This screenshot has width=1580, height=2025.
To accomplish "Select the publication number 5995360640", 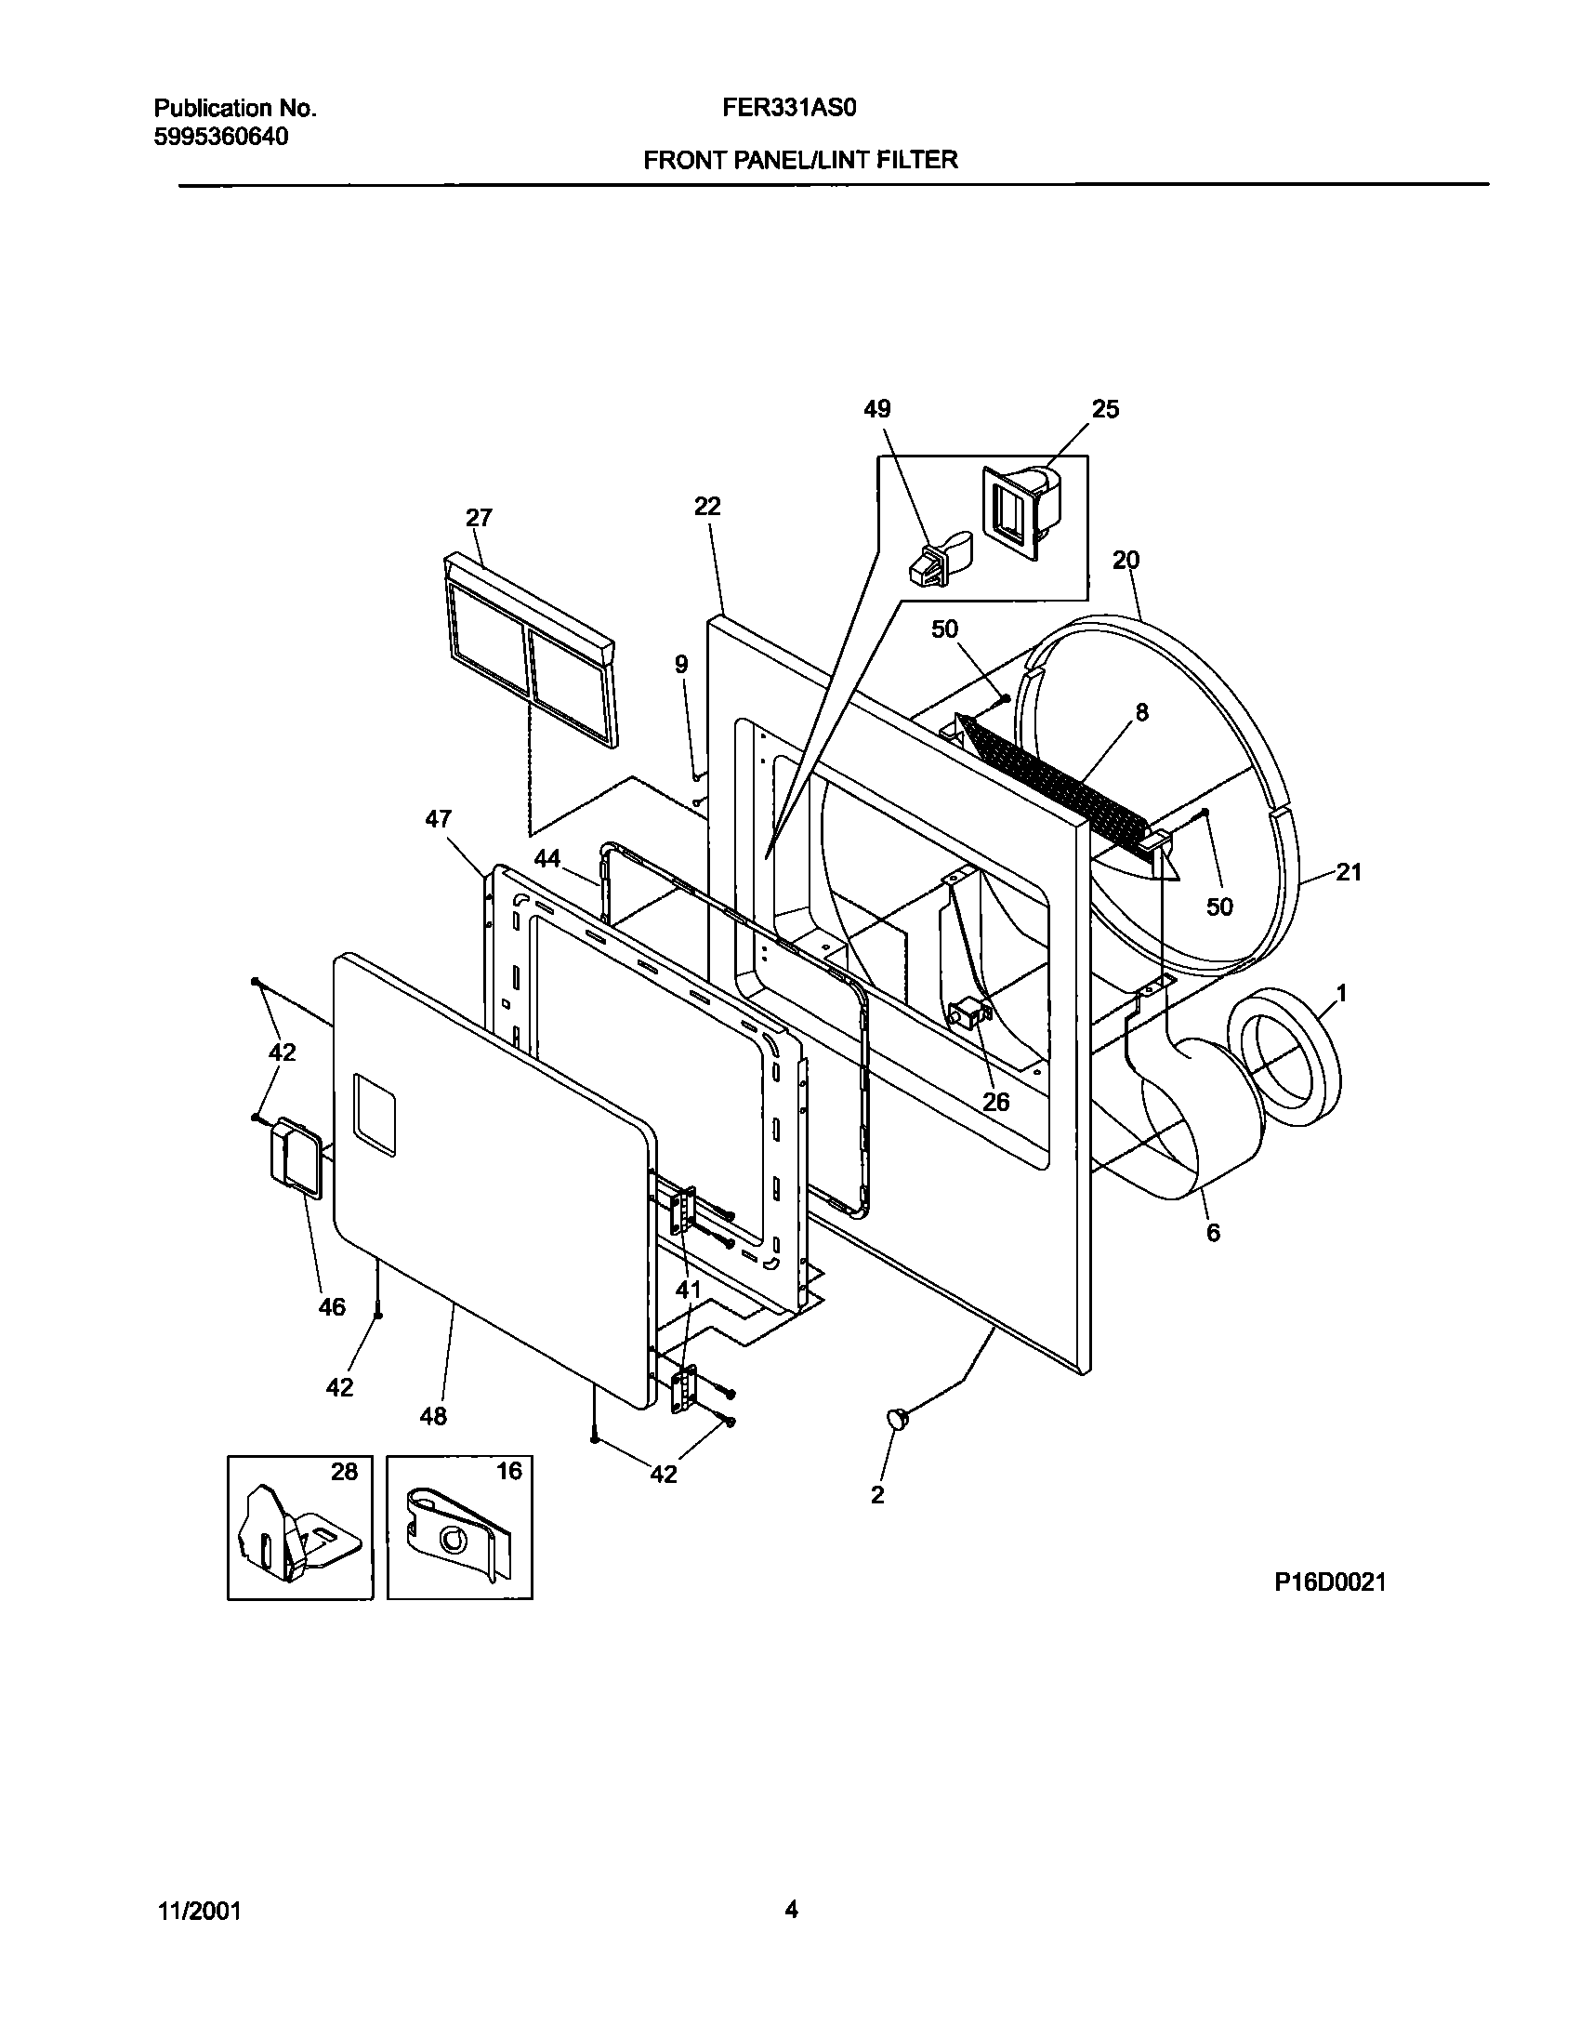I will pyautogui.click(x=220, y=137).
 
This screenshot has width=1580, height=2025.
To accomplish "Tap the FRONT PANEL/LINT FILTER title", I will pyautogui.click(x=800, y=160).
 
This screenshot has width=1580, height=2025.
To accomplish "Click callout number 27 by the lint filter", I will pyautogui.click(x=479, y=518).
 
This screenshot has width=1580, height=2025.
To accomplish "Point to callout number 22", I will pyautogui.click(x=707, y=506).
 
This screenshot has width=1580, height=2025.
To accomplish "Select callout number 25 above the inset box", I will pyautogui.click(x=1105, y=409).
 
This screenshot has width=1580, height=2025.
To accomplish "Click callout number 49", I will pyautogui.click(x=876, y=409).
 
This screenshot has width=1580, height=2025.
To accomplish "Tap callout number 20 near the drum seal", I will pyautogui.click(x=1126, y=560).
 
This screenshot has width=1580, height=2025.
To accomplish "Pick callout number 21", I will pyautogui.click(x=1349, y=871).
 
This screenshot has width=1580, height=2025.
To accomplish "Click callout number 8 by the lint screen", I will pyautogui.click(x=1141, y=712).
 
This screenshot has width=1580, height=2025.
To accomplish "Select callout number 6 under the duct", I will pyautogui.click(x=1213, y=1233).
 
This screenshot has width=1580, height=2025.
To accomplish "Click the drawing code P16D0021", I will pyautogui.click(x=1330, y=1582).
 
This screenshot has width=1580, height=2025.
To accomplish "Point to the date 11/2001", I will pyautogui.click(x=198, y=1912).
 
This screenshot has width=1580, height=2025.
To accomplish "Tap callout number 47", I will pyautogui.click(x=438, y=819).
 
